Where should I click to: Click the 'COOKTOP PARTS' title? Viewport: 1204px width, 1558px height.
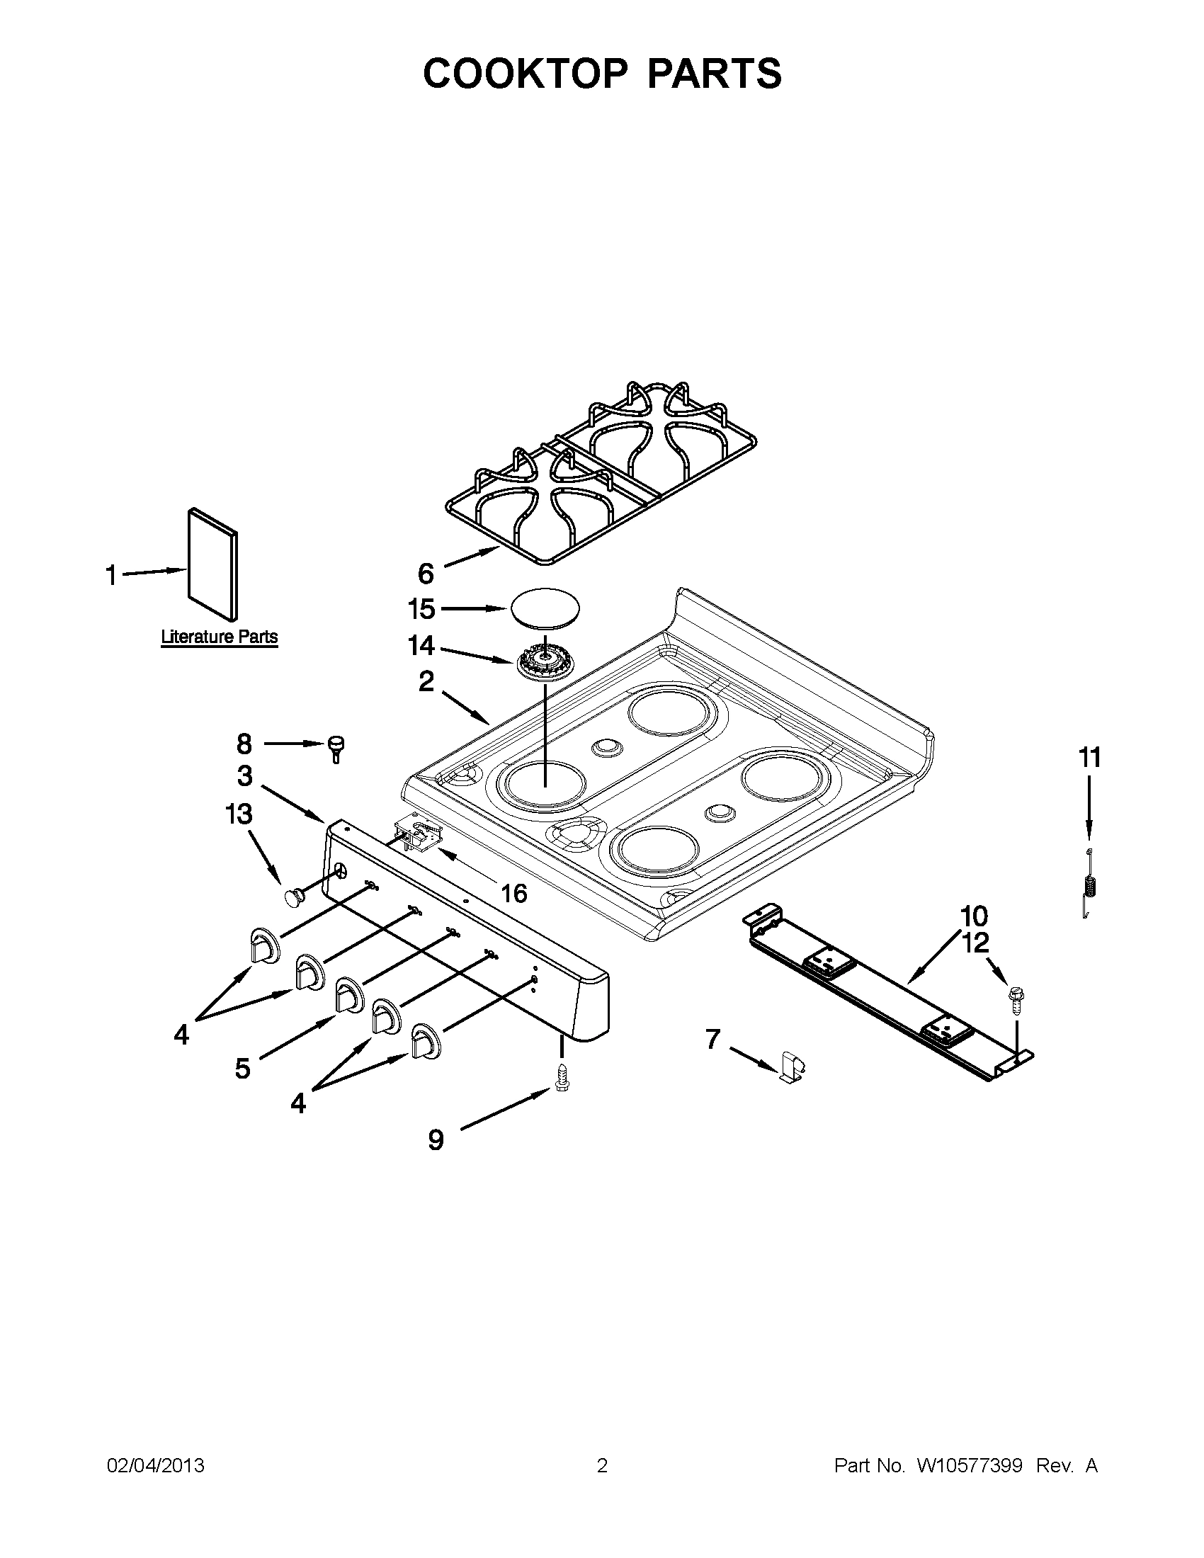(x=602, y=74)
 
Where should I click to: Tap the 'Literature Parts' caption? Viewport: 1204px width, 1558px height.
(x=219, y=637)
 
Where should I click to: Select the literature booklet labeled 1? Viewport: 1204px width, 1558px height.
(x=212, y=564)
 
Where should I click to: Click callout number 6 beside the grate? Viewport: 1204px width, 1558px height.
(x=425, y=574)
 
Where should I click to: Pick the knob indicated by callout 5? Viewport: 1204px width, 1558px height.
(x=347, y=994)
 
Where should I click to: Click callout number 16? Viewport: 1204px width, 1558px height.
(x=514, y=892)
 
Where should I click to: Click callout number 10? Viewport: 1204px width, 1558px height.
(x=975, y=915)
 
